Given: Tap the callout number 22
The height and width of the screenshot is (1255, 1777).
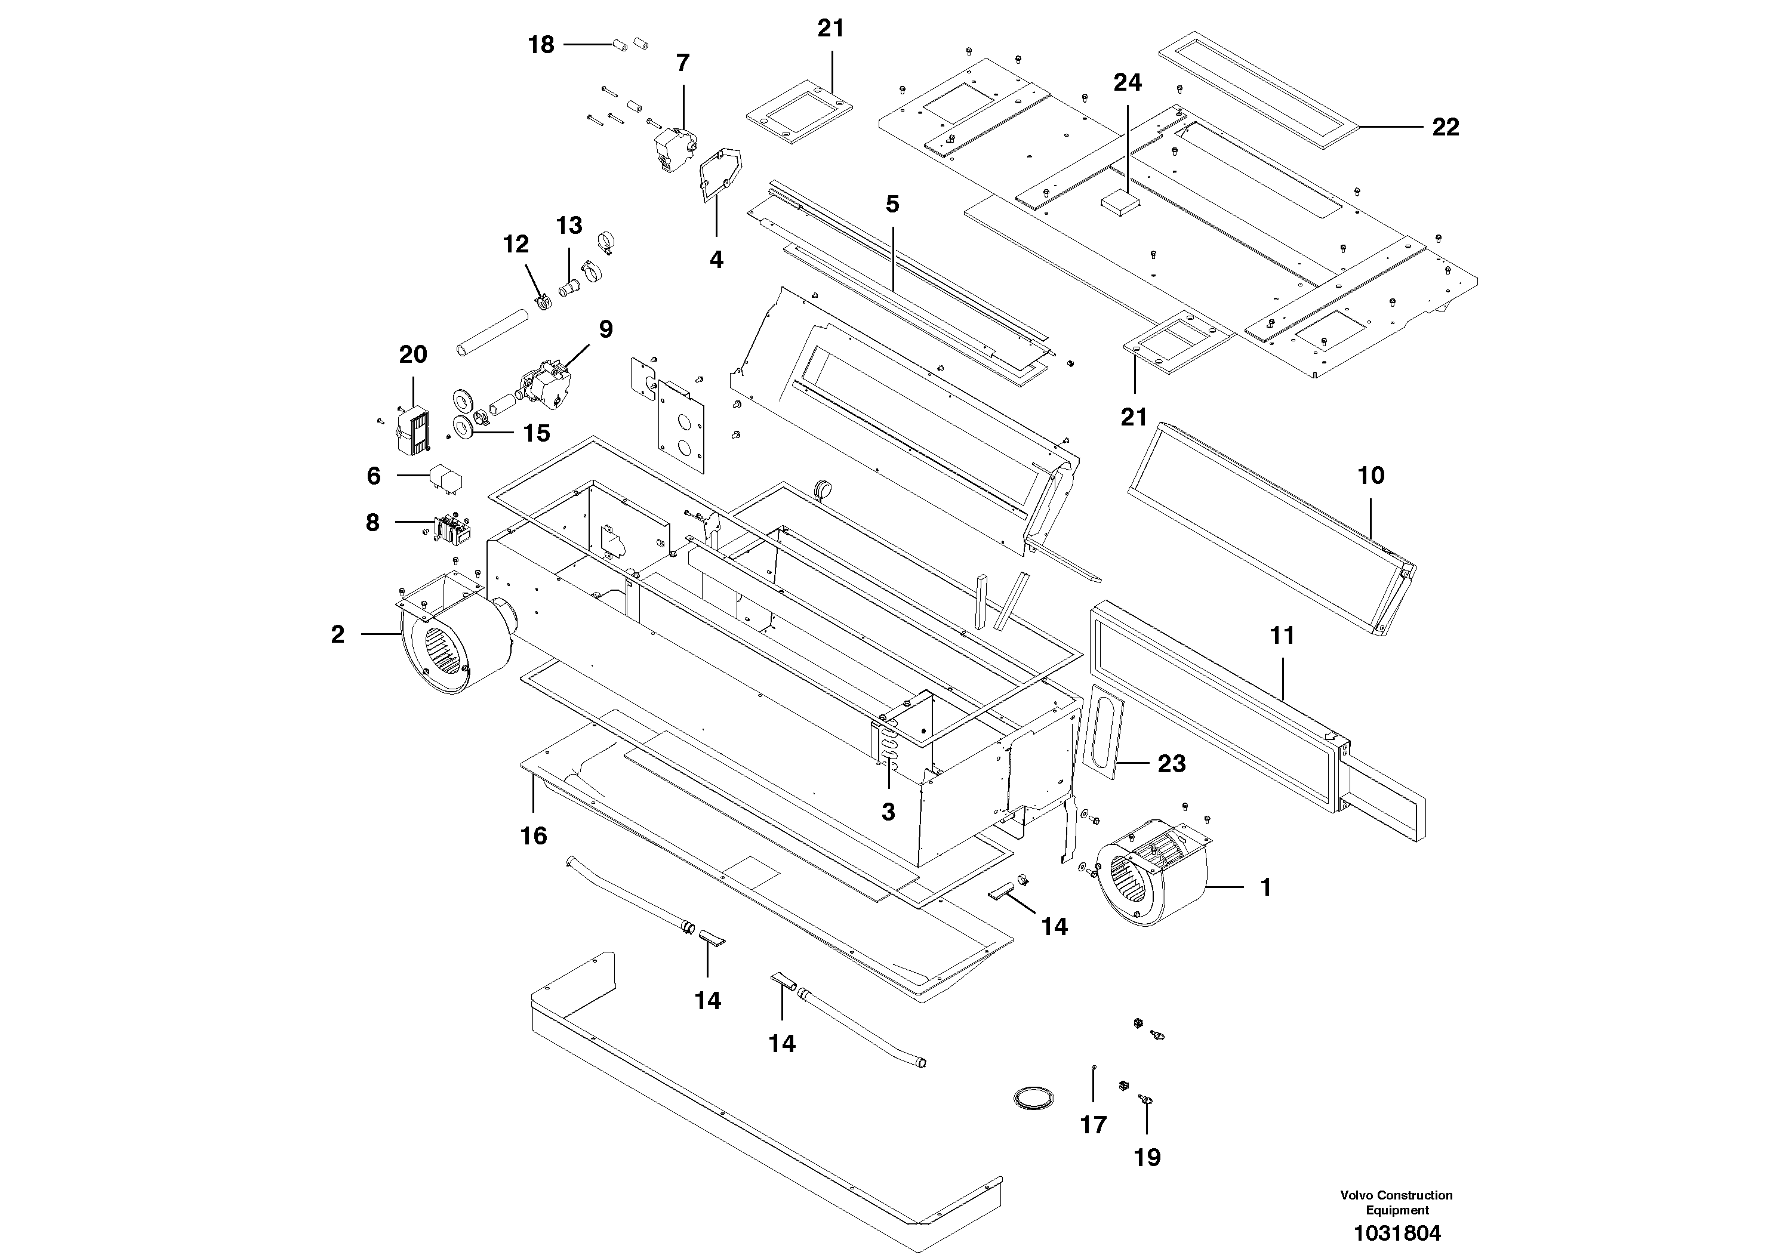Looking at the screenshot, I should [x=1445, y=127].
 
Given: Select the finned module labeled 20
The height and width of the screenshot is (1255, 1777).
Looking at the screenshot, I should [x=413, y=430].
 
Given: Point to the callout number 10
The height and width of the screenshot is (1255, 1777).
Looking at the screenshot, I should [x=1371, y=475].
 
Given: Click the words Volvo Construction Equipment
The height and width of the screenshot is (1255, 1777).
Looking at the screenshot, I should [x=1396, y=1202].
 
